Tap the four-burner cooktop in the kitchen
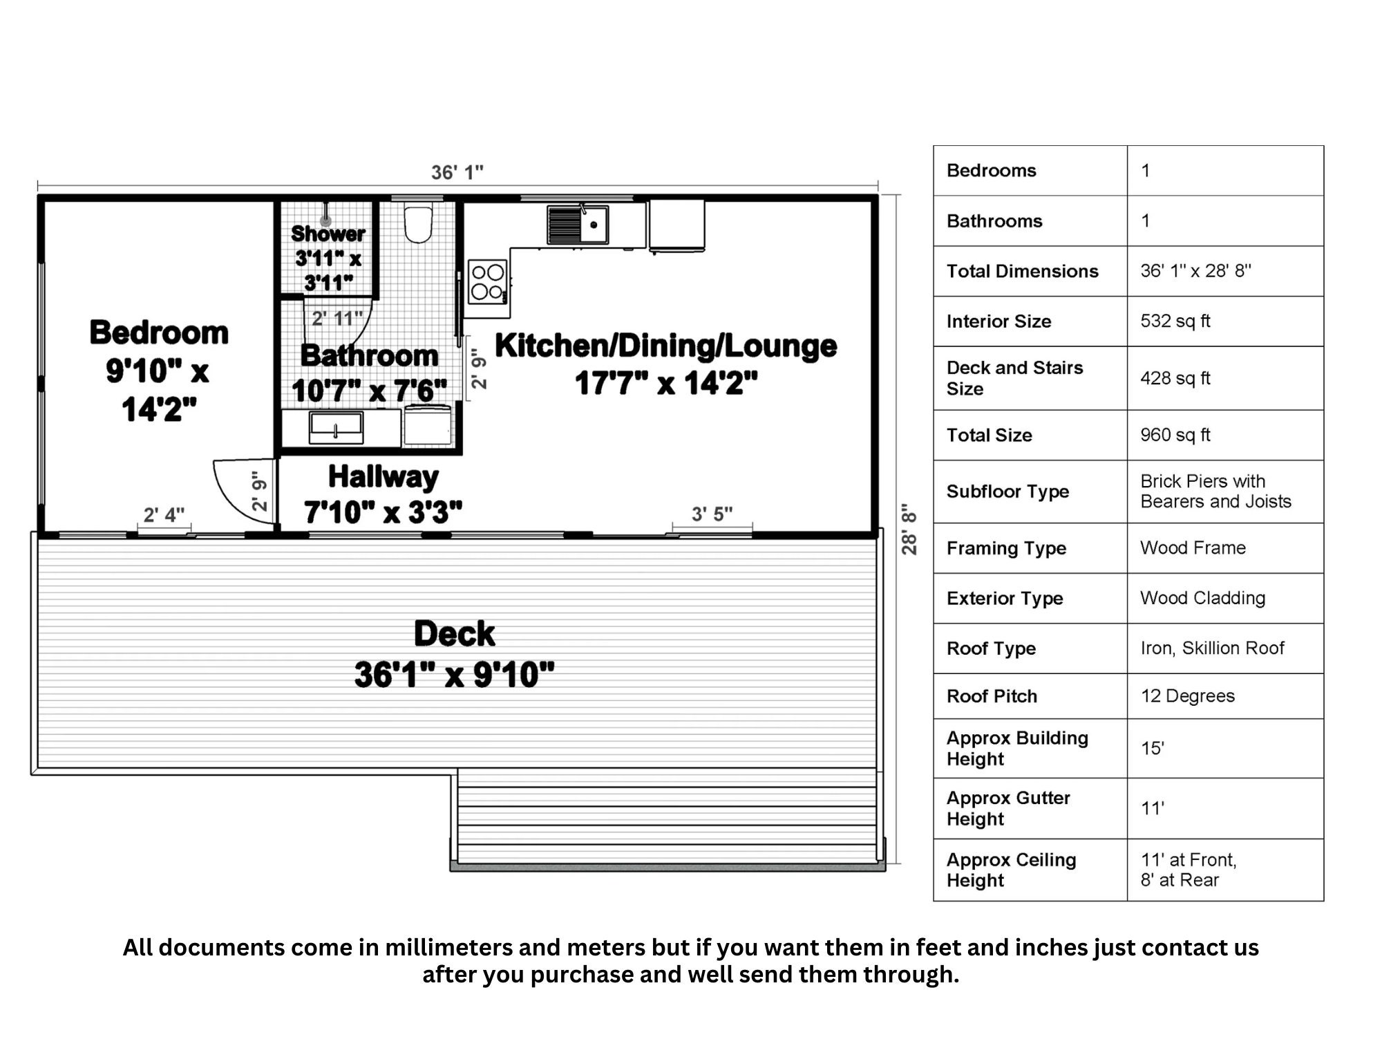click(x=488, y=281)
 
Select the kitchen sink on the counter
click(x=593, y=225)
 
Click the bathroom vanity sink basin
click(x=336, y=427)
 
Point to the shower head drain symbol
click(x=325, y=221)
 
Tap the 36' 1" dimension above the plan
click(x=457, y=172)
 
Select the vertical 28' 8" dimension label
click(x=909, y=529)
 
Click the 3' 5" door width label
click(x=712, y=514)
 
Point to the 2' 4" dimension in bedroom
click(x=164, y=515)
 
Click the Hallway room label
click(x=383, y=476)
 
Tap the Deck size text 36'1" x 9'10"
click(x=454, y=675)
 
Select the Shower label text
click(x=328, y=234)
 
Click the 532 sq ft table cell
click(x=1175, y=321)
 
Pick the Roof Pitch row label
click(x=992, y=696)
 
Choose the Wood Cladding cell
click(x=1202, y=598)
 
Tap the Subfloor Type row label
click(x=1007, y=492)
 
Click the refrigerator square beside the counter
click(x=676, y=225)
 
